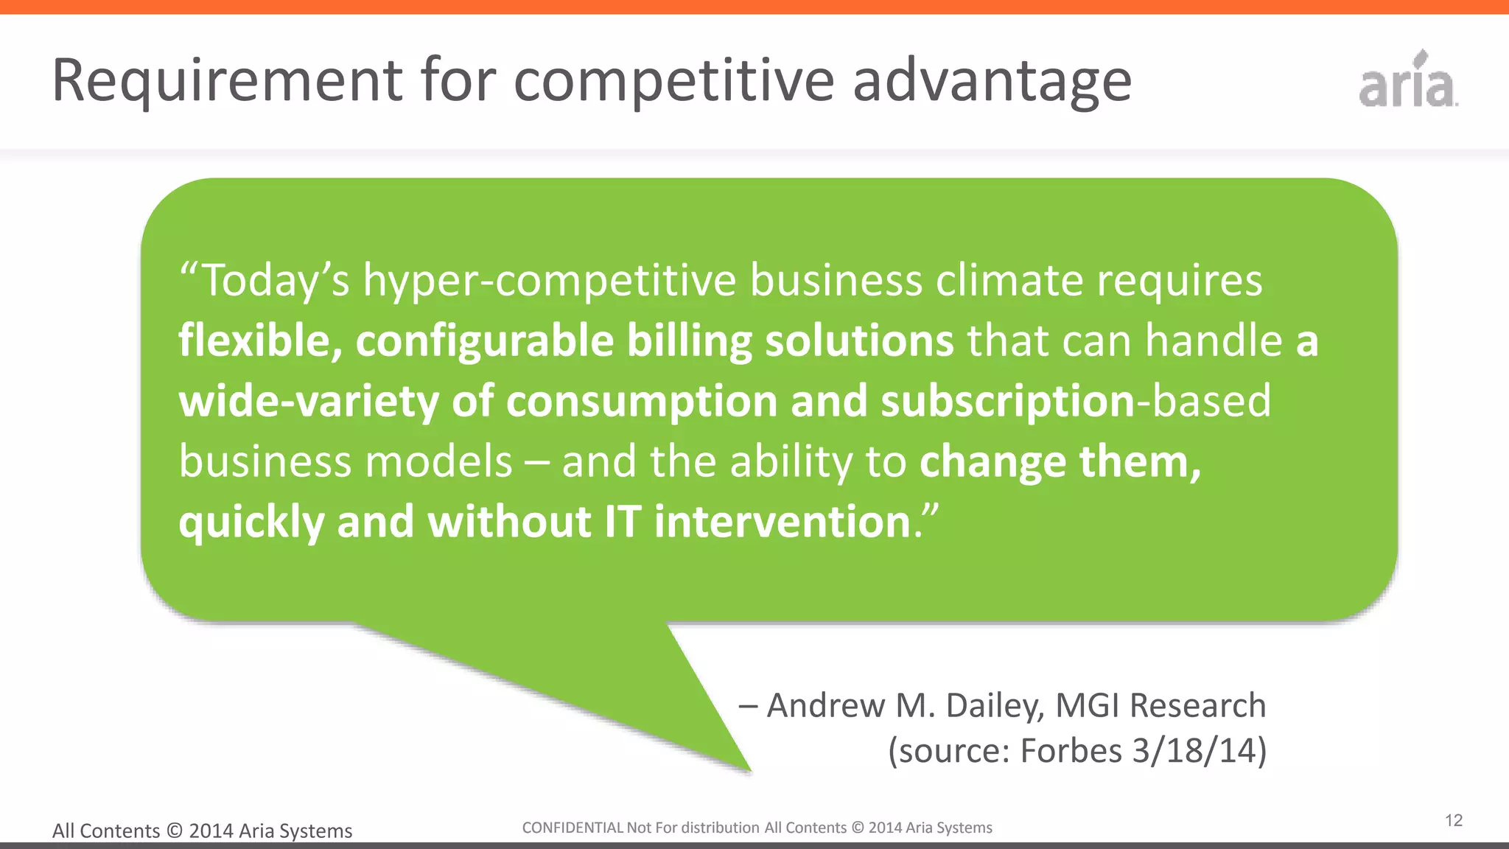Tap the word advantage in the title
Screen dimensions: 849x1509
pyautogui.click(x=992, y=81)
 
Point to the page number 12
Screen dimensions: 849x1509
pyautogui.click(x=1454, y=820)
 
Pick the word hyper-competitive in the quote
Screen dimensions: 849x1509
pyautogui.click(x=550, y=281)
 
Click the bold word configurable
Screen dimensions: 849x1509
pyautogui.click(x=485, y=341)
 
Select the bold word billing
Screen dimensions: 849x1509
pyautogui.click(x=689, y=341)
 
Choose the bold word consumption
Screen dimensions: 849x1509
pyautogui.click(x=642, y=402)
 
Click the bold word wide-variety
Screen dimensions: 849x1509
pyautogui.click(x=309, y=402)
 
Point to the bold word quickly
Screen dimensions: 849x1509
pyautogui.click(x=251, y=523)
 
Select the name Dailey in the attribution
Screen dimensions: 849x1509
pyautogui.click(x=995, y=706)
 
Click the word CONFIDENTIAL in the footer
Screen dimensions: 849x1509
pyautogui.click(x=573, y=828)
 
